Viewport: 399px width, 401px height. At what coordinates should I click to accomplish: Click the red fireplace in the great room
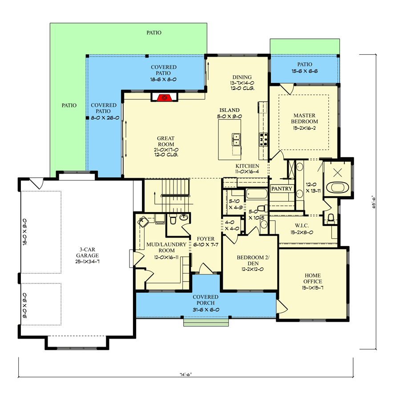point(164,97)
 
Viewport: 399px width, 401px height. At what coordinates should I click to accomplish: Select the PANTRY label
point(282,189)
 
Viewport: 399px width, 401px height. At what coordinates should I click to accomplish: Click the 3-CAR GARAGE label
point(87,258)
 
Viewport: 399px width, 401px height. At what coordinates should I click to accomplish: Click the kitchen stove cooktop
point(263,140)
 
